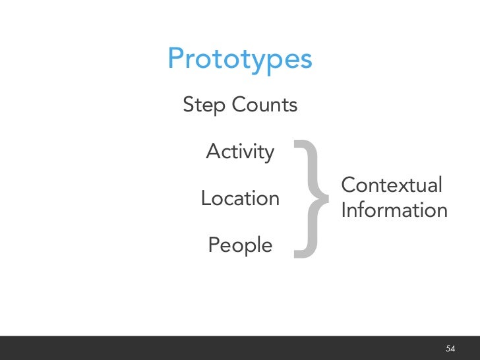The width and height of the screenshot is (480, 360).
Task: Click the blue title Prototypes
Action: point(239,59)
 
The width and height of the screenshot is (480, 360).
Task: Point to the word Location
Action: point(240,198)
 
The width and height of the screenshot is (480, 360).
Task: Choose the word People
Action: point(240,245)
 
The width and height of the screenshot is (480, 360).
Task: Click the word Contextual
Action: point(392,185)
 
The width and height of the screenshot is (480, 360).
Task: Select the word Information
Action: point(394,210)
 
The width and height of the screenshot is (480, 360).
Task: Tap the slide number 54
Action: point(451,348)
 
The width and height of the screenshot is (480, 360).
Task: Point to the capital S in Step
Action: point(189,104)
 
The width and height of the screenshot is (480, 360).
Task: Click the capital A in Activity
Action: point(213,152)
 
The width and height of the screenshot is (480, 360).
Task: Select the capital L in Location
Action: point(205,198)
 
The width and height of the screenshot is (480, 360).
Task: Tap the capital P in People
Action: point(214,245)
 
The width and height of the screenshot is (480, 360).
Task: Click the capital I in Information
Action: point(344,210)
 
